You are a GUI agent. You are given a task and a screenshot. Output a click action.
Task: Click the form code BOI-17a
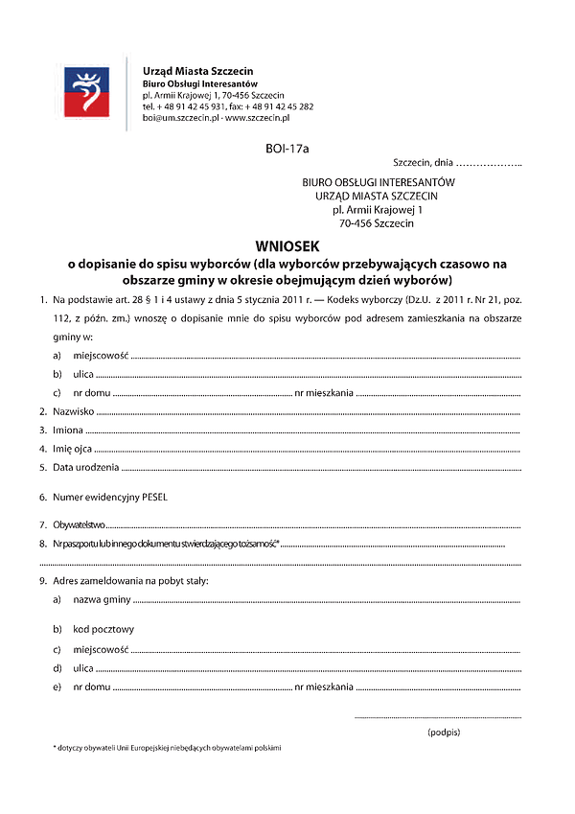pyautogui.click(x=287, y=149)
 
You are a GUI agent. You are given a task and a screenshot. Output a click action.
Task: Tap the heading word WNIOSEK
pyautogui.click(x=287, y=245)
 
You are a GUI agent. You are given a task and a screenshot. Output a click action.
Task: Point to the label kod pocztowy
pyautogui.click(x=103, y=629)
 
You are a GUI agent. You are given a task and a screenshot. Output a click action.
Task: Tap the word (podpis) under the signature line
pyautogui.click(x=444, y=732)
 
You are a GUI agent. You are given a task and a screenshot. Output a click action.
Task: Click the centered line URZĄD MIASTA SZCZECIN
pyautogui.click(x=377, y=195)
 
